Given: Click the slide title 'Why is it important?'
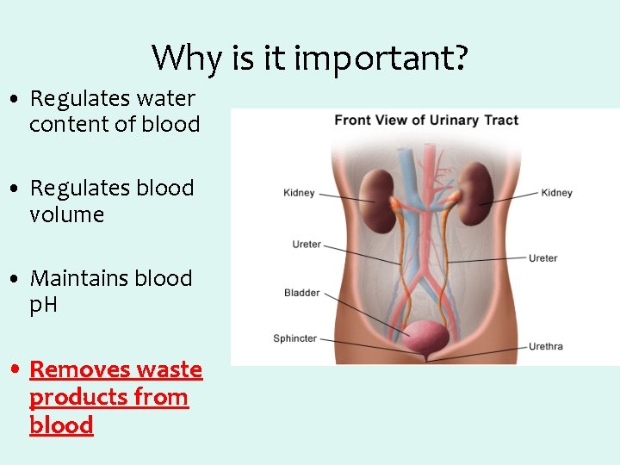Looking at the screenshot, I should pos(310,59).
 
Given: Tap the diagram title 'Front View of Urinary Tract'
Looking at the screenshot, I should pos(425,120).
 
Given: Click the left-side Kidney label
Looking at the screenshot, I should pos(299,193).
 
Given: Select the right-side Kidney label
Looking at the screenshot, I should pos(556,193).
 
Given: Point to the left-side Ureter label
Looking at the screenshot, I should pos(307,245).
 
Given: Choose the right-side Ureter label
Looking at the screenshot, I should pos(542,257).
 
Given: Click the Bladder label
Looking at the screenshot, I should pos(301,293).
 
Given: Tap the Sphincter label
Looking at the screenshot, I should pos(294,338).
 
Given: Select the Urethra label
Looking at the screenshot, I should pos(545,346).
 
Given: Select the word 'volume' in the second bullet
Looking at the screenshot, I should pos(66,214).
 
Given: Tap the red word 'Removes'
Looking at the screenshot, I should pos(78,369).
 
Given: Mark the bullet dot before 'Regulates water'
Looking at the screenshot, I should pos(16,100).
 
